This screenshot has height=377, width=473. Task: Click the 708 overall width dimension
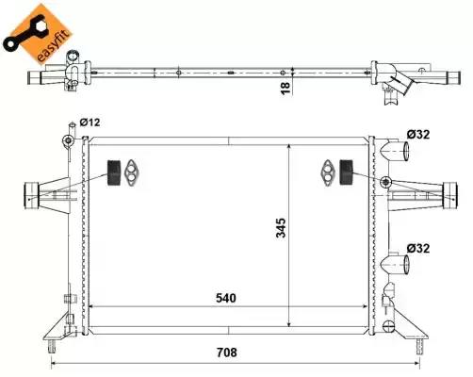coord(227,352)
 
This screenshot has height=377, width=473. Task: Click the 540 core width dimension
coord(226,298)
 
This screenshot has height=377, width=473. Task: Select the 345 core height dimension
coord(281,228)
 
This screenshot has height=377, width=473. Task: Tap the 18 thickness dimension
coord(285,88)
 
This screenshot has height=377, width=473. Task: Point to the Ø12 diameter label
coord(90,122)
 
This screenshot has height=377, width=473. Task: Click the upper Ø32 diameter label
coord(418,135)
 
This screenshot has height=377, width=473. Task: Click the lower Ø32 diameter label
coord(418,249)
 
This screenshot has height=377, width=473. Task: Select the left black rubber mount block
coord(114,172)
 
